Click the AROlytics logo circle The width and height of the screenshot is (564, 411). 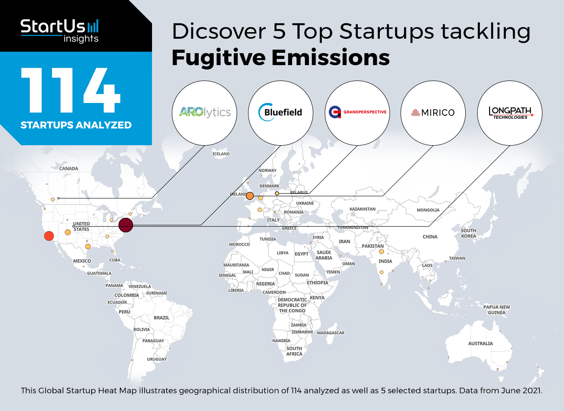204,113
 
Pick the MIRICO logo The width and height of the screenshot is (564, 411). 433,113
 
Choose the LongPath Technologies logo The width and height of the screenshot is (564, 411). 510,113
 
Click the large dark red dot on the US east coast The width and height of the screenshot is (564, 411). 126,225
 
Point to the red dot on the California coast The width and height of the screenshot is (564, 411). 49,236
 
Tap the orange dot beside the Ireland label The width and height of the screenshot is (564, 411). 250,196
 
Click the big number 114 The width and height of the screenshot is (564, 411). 71,90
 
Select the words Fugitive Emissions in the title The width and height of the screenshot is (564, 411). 281,58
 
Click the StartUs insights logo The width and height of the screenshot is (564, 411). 59,31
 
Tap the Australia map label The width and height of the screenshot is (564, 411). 480,343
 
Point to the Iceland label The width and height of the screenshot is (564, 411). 221,154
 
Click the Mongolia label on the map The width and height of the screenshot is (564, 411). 428,210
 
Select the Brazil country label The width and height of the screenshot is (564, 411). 162,318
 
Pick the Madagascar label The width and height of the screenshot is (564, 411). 330,333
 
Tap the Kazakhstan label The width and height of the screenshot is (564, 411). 362,209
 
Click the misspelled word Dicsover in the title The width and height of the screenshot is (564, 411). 219,31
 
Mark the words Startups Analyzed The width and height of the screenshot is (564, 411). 76,125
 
